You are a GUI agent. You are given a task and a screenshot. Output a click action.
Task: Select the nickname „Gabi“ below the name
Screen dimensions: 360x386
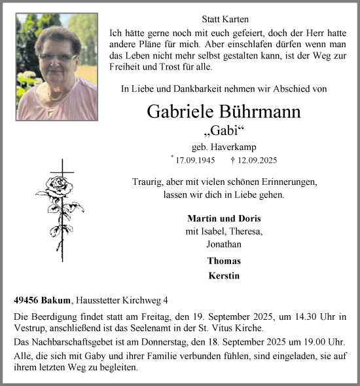coord(224,130)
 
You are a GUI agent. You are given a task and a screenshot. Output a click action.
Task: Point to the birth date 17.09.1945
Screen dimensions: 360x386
coord(196,160)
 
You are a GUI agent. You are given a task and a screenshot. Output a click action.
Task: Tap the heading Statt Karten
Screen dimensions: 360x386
coord(224,20)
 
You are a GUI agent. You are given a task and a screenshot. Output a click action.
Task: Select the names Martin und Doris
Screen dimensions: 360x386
coord(223,218)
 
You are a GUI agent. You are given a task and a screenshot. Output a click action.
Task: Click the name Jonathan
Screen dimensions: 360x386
coord(223,244)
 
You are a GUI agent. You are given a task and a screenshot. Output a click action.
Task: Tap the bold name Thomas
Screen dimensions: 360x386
coord(223,261)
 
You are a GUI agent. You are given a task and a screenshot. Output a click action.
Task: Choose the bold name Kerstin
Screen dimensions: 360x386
coord(223,276)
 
